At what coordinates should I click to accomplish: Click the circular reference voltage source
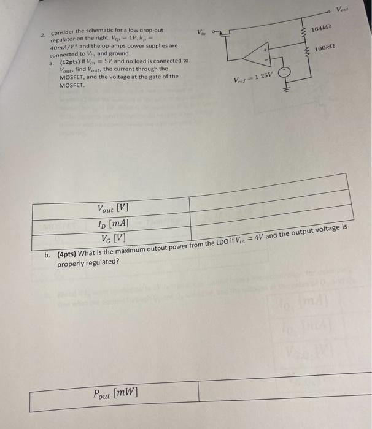pos(284,74)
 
